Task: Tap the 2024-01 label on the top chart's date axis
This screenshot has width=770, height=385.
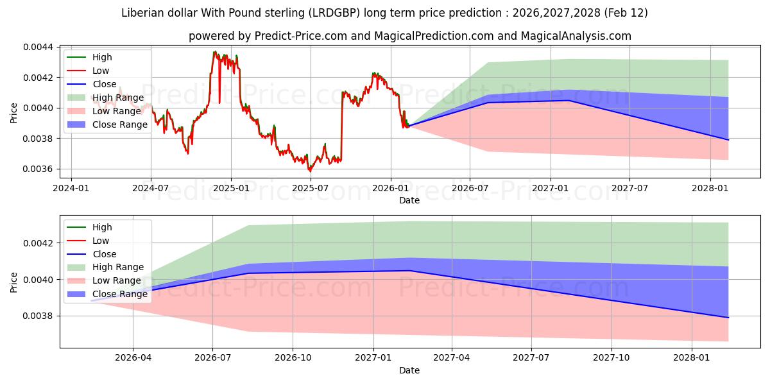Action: [71, 189]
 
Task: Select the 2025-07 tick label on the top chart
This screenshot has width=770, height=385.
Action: [311, 189]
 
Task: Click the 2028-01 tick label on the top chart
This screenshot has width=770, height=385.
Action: [710, 189]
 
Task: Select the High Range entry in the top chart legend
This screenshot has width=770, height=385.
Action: [117, 98]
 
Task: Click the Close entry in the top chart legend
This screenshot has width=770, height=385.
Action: [104, 84]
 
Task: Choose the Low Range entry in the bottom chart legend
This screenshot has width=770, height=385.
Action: [116, 280]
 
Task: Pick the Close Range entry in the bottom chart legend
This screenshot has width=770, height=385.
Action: [119, 294]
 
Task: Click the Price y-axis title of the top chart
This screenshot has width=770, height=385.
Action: [14, 113]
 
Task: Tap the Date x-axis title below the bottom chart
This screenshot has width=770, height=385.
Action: [409, 370]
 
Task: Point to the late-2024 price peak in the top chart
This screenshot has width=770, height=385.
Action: [215, 51]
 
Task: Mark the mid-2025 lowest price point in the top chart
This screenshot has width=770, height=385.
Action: [311, 171]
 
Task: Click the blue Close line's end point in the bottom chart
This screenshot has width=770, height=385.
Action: [728, 318]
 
